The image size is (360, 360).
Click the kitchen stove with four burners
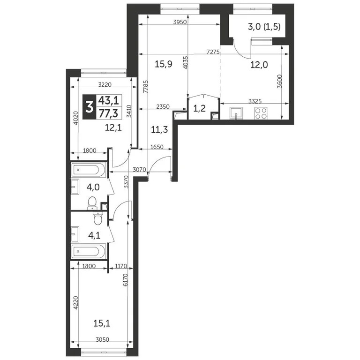260,112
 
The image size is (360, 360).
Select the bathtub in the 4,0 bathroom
89,170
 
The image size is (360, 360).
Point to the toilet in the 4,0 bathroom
93,202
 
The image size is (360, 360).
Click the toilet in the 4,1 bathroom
97,218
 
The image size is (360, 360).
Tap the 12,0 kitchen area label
258,65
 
